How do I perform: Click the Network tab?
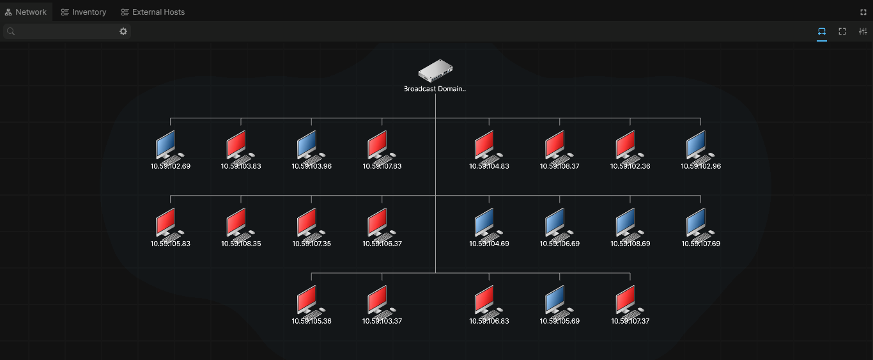pyautogui.click(x=26, y=12)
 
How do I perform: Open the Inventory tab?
pyautogui.click(x=84, y=12)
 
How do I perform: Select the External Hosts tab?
pyautogui.click(x=153, y=12)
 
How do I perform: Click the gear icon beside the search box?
pyautogui.click(x=123, y=31)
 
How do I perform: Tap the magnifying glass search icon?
pyautogui.click(x=11, y=31)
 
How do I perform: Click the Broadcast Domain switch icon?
pyautogui.click(x=435, y=70)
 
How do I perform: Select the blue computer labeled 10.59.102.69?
pyautogui.click(x=170, y=146)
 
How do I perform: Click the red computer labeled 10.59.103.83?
pyautogui.click(x=240, y=146)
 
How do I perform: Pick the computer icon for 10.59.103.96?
pyautogui.click(x=311, y=146)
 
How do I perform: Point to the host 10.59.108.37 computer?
pyautogui.click(x=559, y=146)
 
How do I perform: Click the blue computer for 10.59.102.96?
pyautogui.click(x=700, y=146)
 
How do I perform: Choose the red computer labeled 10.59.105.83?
pyautogui.click(x=170, y=224)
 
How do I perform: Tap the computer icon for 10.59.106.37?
pyautogui.click(x=382, y=224)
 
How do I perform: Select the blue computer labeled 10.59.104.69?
pyautogui.click(x=488, y=224)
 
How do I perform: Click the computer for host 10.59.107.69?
pyautogui.click(x=700, y=224)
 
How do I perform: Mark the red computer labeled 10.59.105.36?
pyautogui.click(x=311, y=302)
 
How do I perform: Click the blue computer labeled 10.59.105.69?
pyautogui.click(x=559, y=302)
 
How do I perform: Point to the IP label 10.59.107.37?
pyautogui.click(x=630, y=321)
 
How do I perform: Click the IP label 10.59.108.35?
pyautogui.click(x=241, y=244)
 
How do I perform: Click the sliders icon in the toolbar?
pyautogui.click(x=863, y=31)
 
